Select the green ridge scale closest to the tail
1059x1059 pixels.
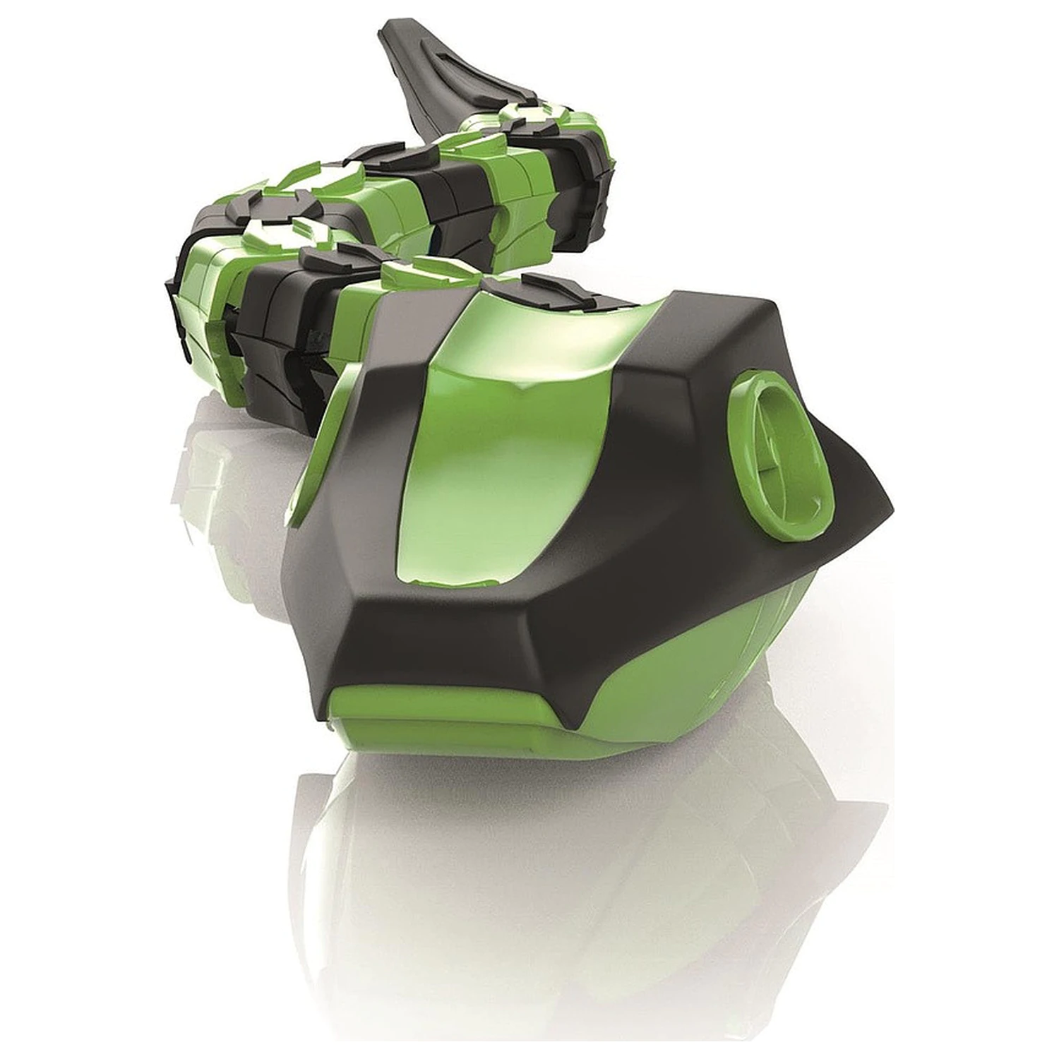tap(519, 113)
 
